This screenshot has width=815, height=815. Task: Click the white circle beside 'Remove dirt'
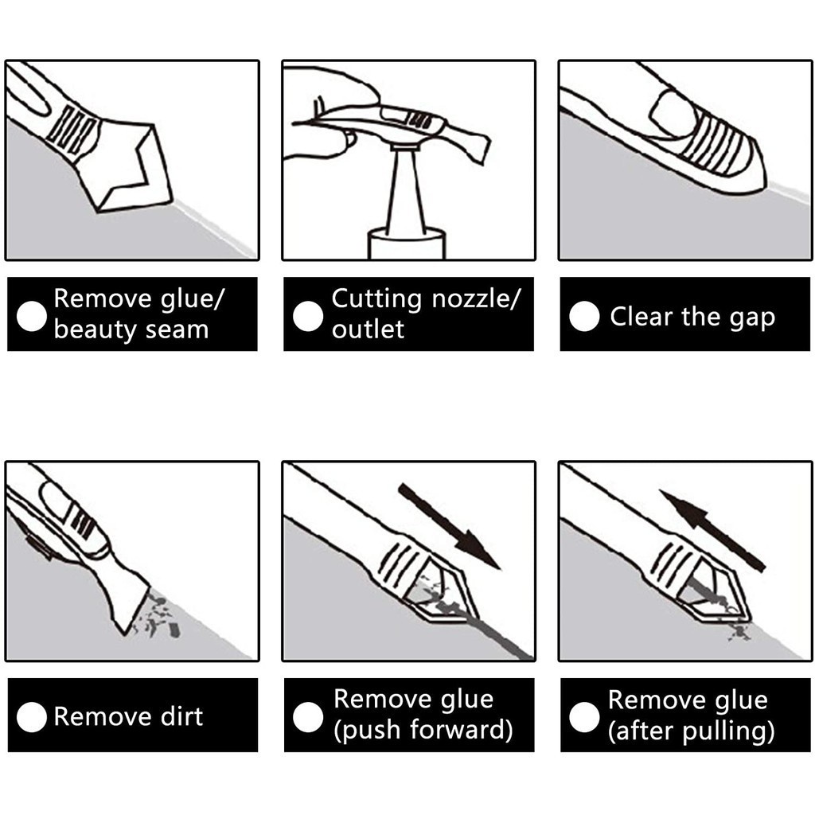[32, 717]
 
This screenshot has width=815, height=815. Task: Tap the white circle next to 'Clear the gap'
[584, 316]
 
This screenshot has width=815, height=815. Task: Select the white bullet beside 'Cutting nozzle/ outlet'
[308, 316]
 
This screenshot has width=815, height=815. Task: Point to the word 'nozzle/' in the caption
[476, 299]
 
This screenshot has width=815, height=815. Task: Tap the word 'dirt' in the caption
[181, 716]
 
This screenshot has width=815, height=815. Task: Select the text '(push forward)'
[423, 729]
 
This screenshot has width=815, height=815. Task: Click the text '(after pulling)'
[692, 731]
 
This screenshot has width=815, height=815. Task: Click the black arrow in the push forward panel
[450, 527]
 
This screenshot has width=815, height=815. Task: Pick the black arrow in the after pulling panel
[712, 530]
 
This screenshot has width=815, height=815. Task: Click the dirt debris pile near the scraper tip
[158, 618]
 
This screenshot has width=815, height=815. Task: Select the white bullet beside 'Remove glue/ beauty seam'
[32, 316]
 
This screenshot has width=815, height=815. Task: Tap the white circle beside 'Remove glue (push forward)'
[308, 717]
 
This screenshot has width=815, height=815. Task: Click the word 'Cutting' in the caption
[376, 299]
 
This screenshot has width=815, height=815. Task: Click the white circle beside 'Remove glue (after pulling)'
[584, 717]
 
